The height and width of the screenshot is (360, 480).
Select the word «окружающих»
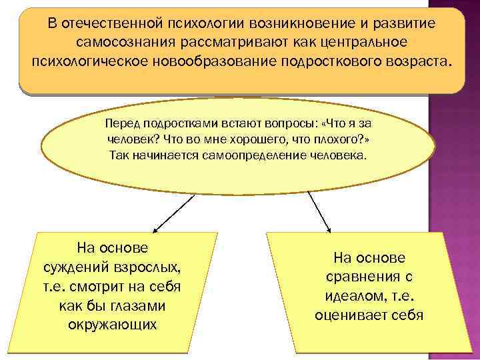(113, 325)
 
